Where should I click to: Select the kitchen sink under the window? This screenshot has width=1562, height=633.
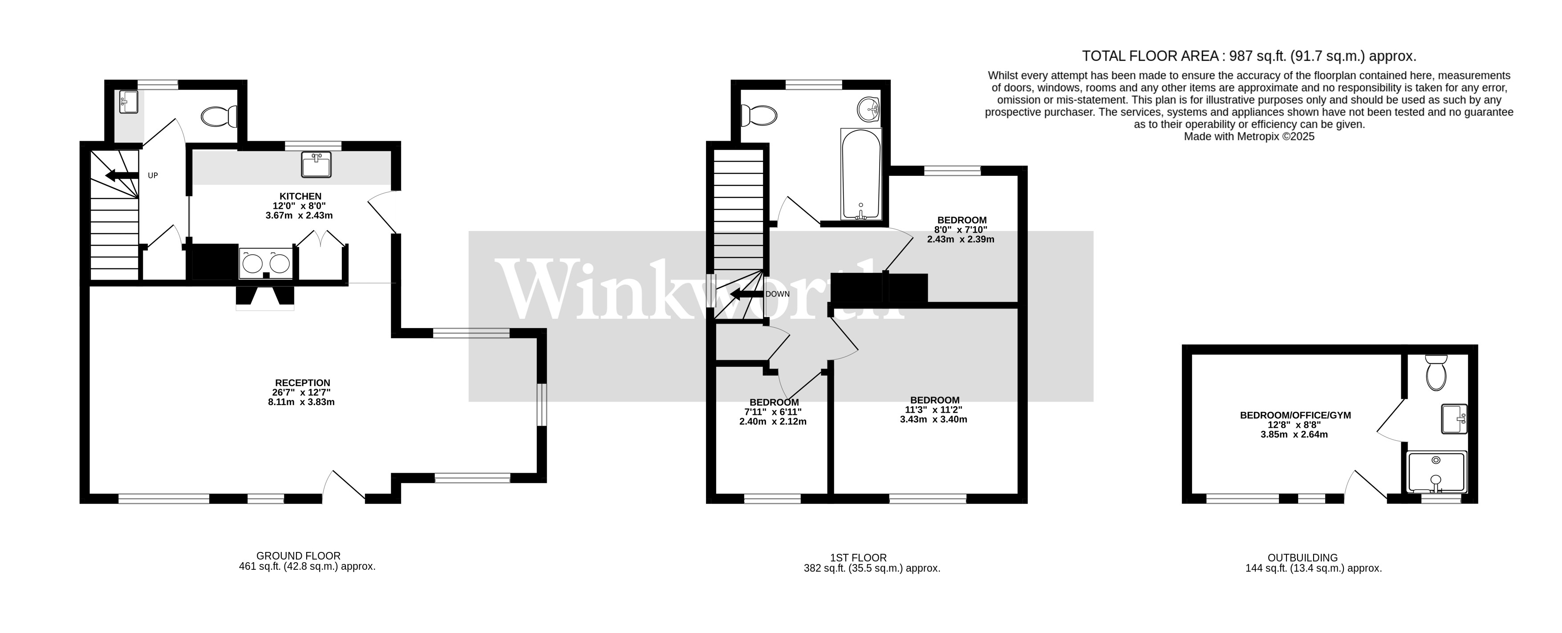coord(316,164)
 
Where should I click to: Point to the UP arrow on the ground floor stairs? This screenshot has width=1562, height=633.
coord(121,176)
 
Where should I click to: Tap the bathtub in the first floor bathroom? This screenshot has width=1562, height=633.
coord(860,174)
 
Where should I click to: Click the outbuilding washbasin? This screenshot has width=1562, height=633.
coord(1453,419)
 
